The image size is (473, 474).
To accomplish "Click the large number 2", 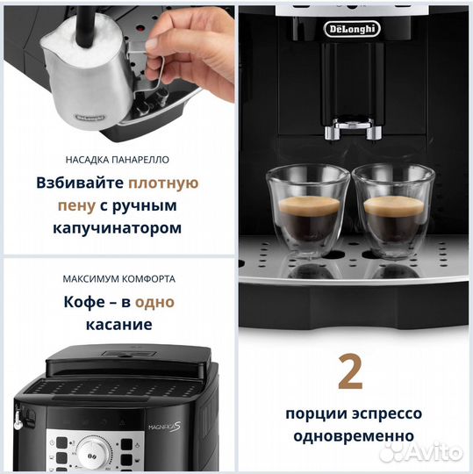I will coord(350,373).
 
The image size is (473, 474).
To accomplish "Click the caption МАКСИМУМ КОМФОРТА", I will coord(118,279).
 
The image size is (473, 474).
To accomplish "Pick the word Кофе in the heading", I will coord(83,302).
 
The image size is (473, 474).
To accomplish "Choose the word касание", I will coord(118,324).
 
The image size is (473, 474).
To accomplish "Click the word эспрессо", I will coord(385,413).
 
